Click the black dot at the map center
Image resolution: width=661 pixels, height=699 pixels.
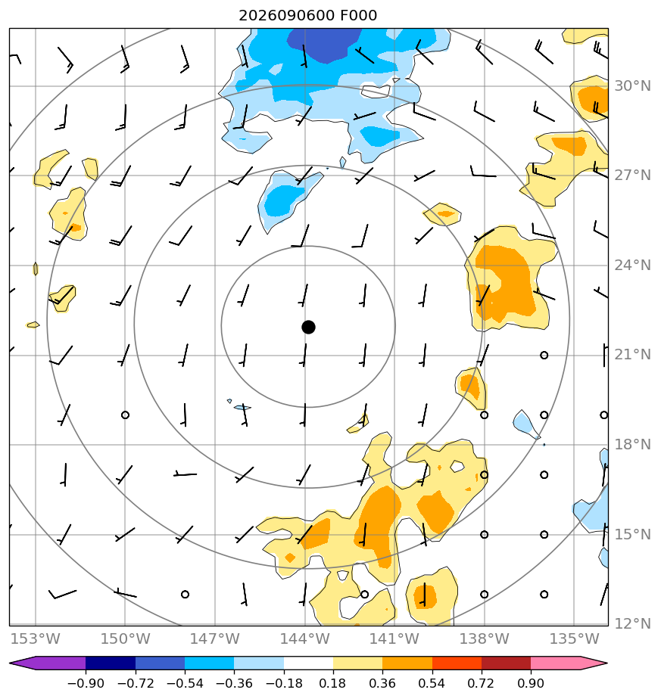[x=308, y=328]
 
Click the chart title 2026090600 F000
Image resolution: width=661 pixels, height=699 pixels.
[x=308, y=16]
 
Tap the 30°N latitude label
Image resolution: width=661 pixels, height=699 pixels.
[x=632, y=85]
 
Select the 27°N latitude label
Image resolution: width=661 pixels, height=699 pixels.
[x=632, y=176]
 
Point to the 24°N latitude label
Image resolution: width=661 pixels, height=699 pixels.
[x=632, y=266]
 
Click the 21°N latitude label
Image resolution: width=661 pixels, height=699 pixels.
[x=632, y=354]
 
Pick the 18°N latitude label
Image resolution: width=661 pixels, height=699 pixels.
[x=632, y=445]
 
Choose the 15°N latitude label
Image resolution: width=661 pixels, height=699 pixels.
[x=632, y=534]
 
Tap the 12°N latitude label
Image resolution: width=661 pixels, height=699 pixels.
[x=632, y=623]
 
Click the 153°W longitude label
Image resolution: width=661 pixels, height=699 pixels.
[x=36, y=638]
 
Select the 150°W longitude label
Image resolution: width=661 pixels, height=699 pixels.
[x=125, y=638]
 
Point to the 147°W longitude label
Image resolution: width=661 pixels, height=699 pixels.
[x=215, y=638]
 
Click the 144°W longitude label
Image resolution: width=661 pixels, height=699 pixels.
[x=305, y=638]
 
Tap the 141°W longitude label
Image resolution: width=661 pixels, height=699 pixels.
[x=394, y=638]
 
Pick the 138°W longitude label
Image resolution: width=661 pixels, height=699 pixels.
[x=485, y=638]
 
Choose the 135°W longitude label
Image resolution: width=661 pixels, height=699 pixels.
[x=574, y=638]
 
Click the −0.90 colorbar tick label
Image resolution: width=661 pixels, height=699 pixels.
[x=86, y=683]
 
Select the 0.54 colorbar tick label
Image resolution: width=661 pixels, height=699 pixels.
[x=432, y=683]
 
